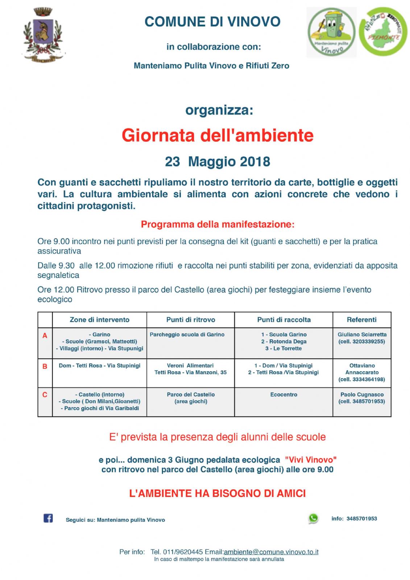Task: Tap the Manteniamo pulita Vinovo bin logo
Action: pyautogui.click(x=331, y=32)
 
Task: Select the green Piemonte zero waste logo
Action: pyautogui.click(x=383, y=32)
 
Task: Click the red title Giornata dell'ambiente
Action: pyautogui.click(x=218, y=135)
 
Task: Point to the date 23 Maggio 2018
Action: pyautogui.click(x=218, y=162)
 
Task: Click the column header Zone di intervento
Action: pyautogui.click(x=99, y=320)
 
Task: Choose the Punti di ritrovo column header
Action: pyautogui.click(x=191, y=320)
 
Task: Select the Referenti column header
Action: pyautogui.click(x=361, y=320)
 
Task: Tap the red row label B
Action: pyautogui.click(x=45, y=366)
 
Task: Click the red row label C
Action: pyautogui.click(x=45, y=395)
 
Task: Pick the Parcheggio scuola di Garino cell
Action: pyautogui.click(x=187, y=335)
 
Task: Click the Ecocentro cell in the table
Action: pyautogui.click(x=283, y=394)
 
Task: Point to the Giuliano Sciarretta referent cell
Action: pyautogui.click(x=362, y=338)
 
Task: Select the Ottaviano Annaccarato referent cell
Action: pyautogui.click(x=362, y=372)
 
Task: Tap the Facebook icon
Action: pyautogui.click(x=48, y=518)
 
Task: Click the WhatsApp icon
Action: pyautogui.click(x=313, y=518)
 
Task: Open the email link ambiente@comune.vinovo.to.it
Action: pyautogui.click(x=271, y=552)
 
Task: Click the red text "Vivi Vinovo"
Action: pyautogui.click(x=311, y=460)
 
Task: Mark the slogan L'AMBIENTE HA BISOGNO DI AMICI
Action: pyautogui.click(x=218, y=493)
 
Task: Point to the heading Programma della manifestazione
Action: pyautogui.click(x=218, y=224)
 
